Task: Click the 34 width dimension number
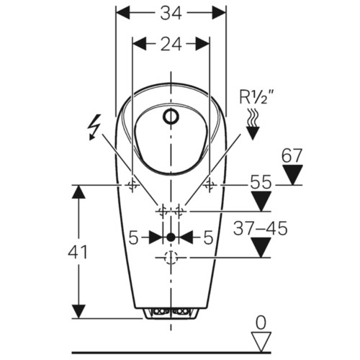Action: pyautogui.click(x=171, y=13)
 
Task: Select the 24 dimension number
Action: pyautogui.click(x=171, y=44)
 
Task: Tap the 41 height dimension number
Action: pyautogui.click(x=77, y=253)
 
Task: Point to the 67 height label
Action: pyautogui.click(x=292, y=156)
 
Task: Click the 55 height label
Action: pyautogui.click(x=261, y=182)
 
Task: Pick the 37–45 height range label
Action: pyautogui.click(x=261, y=228)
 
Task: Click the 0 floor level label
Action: pyautogui.click(x=261, y=323)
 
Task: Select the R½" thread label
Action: pyautogui.click(x=257, y=96)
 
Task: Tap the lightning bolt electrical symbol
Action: pyautogui.click(x=94, y=127)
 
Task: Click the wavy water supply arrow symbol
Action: pyautogui.click(x=253, y=124)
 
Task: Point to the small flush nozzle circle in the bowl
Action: pyautogui.click(x=171, y=117)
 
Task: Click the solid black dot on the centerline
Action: pyautogui.click(x=171, y=238)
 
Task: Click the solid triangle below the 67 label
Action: pyautogui.click(x=292, y=175)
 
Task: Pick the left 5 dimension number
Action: pyautogui.click(x=133, y=238)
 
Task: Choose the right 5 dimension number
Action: pyautogui.click(x=208, y=238)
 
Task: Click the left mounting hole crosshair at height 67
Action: pyautogui.click(x=132, y=185)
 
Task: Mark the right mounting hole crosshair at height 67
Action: pyautogui.click(x=210, y=185)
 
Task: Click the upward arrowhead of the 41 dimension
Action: pyautogui.click(x=78, y=192)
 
